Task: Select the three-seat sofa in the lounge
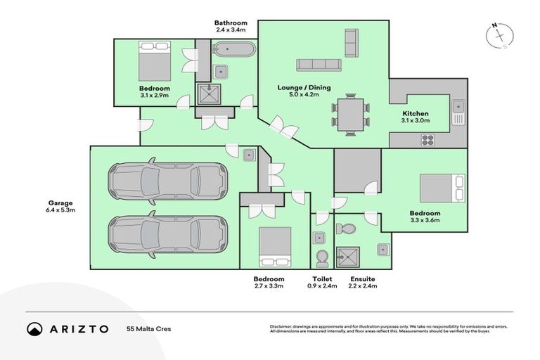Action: click(319, 65)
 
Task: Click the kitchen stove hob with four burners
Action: click(427, 139)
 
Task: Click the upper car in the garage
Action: click(167, 179)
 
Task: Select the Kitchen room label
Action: click(415, 114)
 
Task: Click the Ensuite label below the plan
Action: click(363, 279)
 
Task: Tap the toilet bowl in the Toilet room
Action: click(323, 259)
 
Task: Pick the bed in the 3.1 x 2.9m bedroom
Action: click(154, 61)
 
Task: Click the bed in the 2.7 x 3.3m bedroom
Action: click(274, 245)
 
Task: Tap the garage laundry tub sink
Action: click(249, 155)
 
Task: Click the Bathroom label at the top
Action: click(231, 23)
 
